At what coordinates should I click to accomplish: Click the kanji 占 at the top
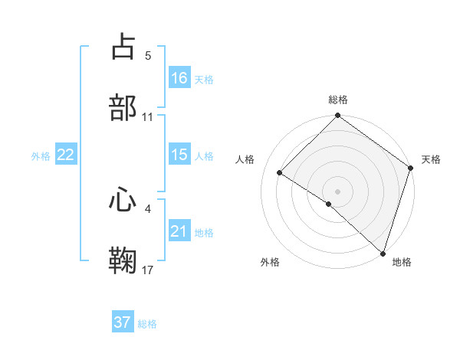(123, 47)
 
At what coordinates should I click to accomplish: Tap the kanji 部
(123, 107)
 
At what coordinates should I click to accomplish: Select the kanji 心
(123, 200)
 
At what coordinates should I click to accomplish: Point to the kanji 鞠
(123, 260)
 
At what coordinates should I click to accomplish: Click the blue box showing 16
(179, 78)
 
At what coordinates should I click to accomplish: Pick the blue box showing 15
(179, 155)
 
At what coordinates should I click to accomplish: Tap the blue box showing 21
(179, 231)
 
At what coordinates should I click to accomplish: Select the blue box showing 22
(66, 155)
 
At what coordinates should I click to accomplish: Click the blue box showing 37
(123, 322)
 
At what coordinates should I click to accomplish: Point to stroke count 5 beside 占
(148, 56)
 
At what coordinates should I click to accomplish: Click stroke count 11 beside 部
(148, 116)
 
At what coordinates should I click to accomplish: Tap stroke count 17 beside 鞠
(148, 270)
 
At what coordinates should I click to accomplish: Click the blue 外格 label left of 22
(41, 155)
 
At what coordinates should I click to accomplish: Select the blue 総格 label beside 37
(147, 323)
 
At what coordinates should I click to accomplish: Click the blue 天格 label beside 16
(204, 79)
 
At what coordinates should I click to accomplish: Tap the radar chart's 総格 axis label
(338, 100)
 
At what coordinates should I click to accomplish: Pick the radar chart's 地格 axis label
(402, 262)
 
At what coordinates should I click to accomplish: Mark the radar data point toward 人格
(280, 173)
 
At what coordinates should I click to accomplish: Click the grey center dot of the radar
(338, 191)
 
